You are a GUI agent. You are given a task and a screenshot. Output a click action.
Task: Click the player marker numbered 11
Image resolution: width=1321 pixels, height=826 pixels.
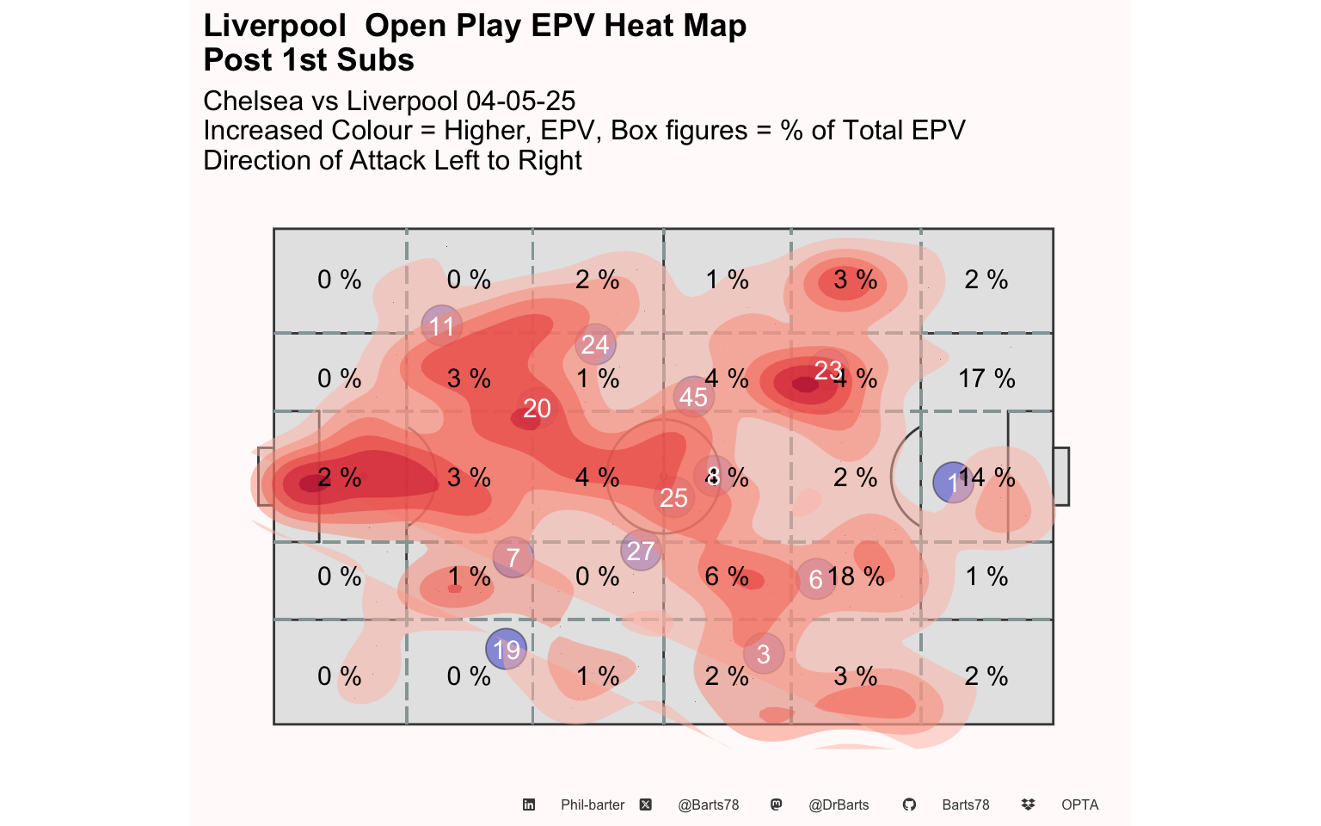(442, 326)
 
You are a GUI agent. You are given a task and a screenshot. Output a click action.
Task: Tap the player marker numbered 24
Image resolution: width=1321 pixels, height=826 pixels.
(595, 344)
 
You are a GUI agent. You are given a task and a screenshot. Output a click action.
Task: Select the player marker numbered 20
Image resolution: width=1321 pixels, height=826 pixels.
(537, 408)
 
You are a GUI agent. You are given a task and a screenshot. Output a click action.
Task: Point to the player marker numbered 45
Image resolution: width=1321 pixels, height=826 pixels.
(693, 397)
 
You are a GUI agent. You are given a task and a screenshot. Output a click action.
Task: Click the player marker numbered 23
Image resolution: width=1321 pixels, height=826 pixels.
(827, 370)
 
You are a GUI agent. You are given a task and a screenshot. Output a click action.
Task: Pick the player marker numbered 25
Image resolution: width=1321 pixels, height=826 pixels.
(674, 497)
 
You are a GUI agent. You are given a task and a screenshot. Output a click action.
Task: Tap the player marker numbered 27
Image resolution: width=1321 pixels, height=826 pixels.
(641, 551)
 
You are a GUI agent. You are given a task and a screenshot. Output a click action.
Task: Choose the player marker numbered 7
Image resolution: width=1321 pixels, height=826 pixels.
(513, 558)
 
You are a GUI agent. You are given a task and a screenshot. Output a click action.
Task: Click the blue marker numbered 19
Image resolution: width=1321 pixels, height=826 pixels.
(507, 649)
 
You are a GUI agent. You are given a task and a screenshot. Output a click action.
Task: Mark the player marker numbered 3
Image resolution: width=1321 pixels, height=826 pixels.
(764, 654)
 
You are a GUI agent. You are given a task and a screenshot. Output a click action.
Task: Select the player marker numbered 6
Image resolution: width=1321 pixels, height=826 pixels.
(816, 579)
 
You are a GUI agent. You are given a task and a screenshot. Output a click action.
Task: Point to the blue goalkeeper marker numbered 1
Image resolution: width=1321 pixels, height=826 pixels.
(953, 483)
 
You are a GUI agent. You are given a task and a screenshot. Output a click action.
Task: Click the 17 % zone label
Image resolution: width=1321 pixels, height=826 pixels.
(986, 379)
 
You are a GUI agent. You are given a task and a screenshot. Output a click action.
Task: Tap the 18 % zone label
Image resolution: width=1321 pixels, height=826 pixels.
(857, 576)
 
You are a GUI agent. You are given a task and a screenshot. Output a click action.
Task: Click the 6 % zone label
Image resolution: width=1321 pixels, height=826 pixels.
(727, 576)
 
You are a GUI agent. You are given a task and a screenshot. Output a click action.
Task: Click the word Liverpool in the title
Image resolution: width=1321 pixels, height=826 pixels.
(274, 26)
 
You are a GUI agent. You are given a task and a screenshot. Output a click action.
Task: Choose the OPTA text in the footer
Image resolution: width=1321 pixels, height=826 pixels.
(1079, 804)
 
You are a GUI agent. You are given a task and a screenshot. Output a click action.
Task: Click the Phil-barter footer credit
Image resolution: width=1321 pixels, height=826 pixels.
(593, 804)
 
